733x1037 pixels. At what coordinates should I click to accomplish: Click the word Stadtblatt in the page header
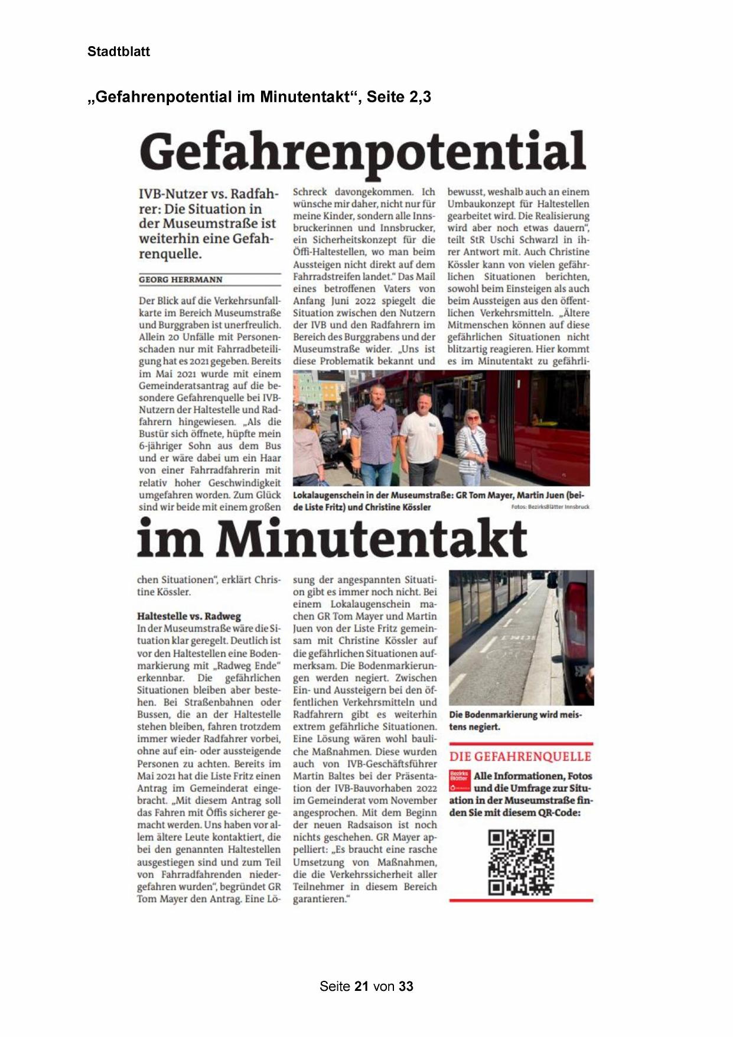(x=118, y=51)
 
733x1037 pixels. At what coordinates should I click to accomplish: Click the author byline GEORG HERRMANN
(x=181, y=280)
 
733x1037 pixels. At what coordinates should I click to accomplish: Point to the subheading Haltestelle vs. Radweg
(x=189, y=616)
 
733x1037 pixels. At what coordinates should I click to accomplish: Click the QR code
(x=521, y=862)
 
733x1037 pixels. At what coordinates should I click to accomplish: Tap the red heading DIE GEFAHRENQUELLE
(x=520, y=756)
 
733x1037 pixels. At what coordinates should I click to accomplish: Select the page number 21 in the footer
(x=361, y=986)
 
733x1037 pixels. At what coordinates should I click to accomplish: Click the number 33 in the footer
(x=406, y=986)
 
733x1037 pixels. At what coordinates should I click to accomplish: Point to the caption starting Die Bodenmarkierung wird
(x=515, y=720)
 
